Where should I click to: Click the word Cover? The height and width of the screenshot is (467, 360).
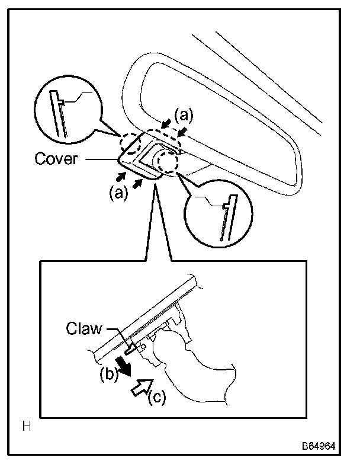pyautogui.click(x=56, y=159)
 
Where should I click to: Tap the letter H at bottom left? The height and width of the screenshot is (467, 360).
pyautogui.click(x=26, y=426)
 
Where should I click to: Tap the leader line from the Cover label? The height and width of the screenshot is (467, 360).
pyautogui.click(x=101, y=159)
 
